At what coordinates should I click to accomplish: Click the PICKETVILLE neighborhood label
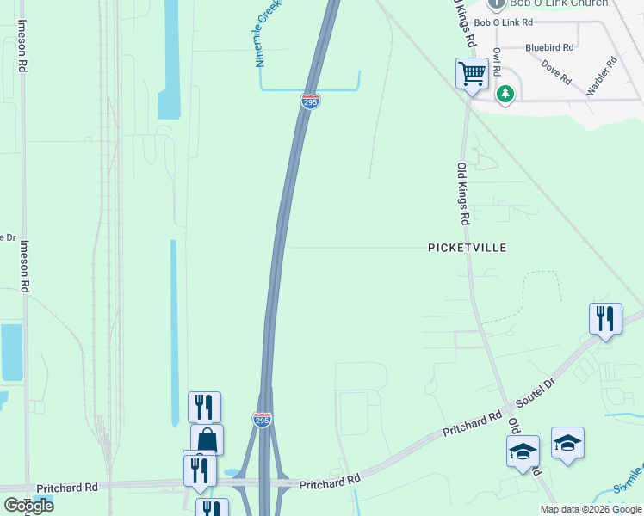click(468, 248)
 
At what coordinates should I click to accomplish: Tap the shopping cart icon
click(472, 74)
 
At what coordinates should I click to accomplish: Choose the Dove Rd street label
click(556, 72)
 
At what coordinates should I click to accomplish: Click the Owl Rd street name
click(497, 63)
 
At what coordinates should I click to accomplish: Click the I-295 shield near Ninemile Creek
click(311, 101)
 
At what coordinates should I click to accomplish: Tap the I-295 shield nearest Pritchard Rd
click(263, 419)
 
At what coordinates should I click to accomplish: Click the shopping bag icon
click(207, 439)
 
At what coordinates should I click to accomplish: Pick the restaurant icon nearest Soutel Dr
click(605, 319)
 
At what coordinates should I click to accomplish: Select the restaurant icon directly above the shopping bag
click(204, 407)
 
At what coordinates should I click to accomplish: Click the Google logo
click(28, 506)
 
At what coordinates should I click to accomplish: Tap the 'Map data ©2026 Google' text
click(591, 510)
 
